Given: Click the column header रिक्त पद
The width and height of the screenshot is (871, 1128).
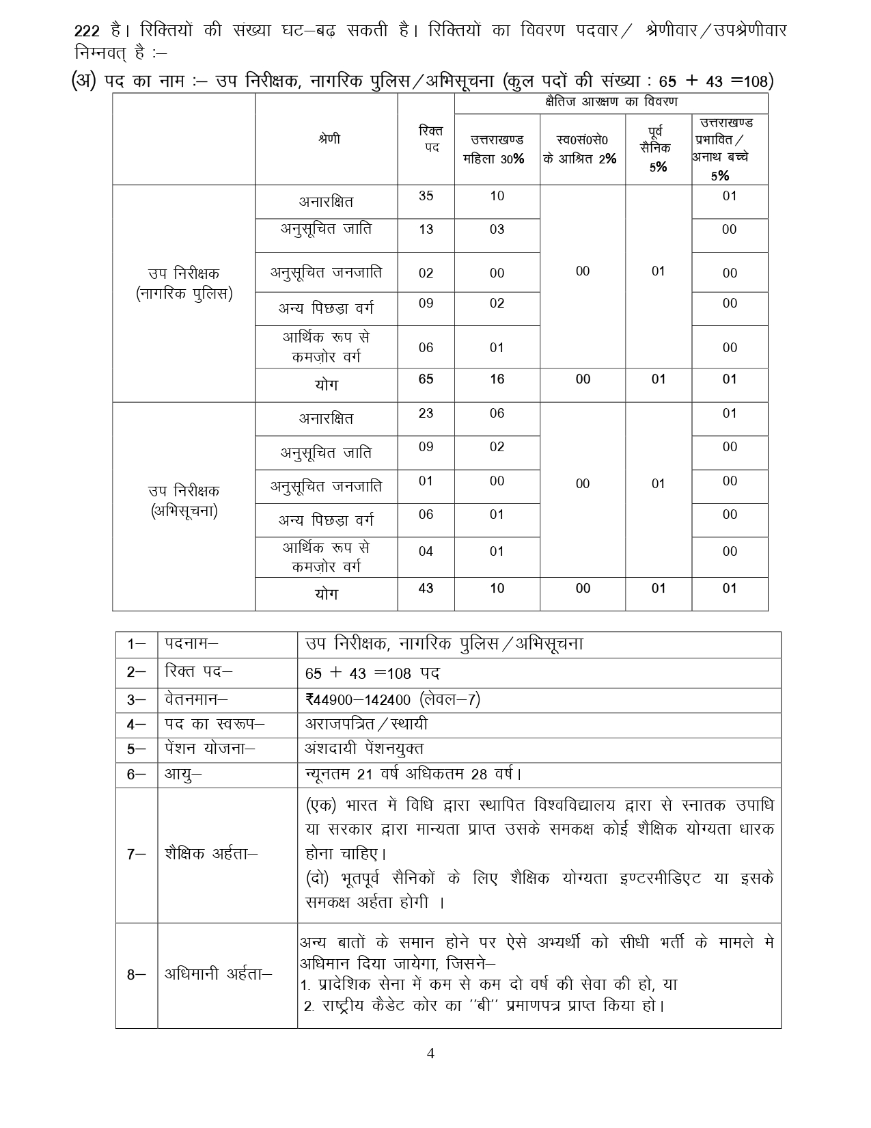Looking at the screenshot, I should tap(426, 139).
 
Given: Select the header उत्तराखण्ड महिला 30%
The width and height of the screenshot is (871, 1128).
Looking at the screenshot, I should tap(497, 149).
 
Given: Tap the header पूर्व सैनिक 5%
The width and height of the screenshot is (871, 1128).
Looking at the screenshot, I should tap(658, 149).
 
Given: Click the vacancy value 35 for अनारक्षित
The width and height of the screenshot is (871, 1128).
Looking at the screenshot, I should tap(426, 196).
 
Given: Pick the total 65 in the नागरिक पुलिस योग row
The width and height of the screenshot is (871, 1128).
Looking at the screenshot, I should tap(426, 379).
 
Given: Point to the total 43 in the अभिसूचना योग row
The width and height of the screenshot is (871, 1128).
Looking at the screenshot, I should tap(426, 589).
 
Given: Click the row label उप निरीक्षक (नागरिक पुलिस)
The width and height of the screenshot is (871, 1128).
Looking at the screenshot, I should tap(184, 284).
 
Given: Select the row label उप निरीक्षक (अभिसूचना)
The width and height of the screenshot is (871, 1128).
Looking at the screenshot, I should tap(184, 501).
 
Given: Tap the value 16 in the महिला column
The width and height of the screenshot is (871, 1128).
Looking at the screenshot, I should tap(497, 379).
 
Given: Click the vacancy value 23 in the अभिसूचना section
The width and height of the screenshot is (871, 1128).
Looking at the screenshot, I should tap(426, 414).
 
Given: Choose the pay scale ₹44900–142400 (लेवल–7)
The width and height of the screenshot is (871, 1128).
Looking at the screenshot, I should tap(393, 699).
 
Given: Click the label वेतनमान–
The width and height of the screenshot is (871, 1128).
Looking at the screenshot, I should tap(196, 699).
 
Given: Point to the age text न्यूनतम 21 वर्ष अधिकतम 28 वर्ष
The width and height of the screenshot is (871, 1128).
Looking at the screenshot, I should tap(413, 775).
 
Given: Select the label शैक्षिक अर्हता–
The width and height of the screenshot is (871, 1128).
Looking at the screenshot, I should tap(211, 854).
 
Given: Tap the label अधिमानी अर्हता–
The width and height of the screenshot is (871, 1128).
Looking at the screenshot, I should tap(218, 975).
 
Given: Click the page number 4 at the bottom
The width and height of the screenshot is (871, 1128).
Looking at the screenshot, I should tap(430, 1053).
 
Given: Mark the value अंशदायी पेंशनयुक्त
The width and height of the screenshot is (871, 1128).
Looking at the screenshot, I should tap(364, 749).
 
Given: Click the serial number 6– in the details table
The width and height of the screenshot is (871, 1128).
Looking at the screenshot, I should tap(136, 775).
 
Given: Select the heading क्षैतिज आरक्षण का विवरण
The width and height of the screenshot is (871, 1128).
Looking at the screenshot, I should tap(611, 103).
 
